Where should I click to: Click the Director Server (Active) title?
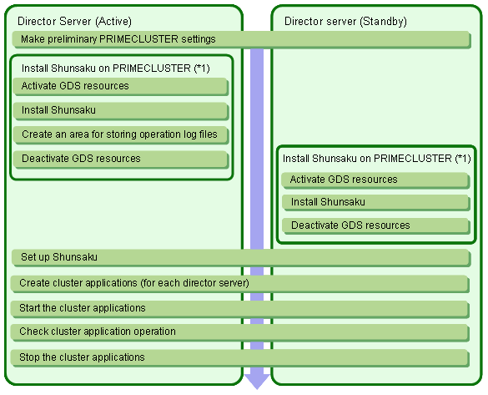74,21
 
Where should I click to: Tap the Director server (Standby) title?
345,21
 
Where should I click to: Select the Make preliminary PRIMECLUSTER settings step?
242,39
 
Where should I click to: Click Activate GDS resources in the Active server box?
121,87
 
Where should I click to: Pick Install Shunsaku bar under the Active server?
121,111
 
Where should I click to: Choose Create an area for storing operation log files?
121,135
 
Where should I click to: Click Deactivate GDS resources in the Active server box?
121,160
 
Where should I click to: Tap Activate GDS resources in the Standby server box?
375,180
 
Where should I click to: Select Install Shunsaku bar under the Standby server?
375,203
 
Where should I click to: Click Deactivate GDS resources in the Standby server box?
375,225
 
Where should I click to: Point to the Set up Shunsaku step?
241,257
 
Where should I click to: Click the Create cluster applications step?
240,283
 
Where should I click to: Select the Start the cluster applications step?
240,309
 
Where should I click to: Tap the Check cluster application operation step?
240,332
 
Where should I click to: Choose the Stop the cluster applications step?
240,358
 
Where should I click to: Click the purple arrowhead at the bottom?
257,382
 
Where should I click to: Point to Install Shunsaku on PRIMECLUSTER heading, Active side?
115,68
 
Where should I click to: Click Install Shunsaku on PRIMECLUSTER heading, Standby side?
376,159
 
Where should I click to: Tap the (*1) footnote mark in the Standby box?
463,159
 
